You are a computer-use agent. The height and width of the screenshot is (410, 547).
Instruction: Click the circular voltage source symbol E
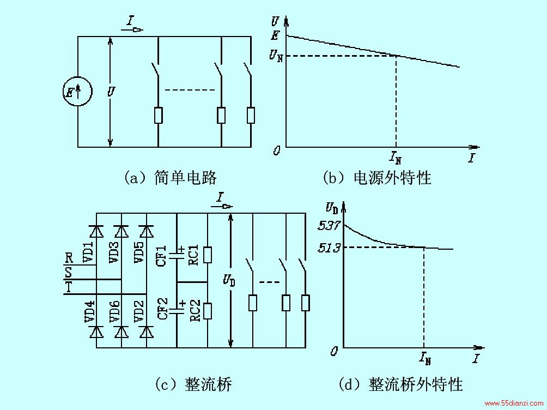coord(77,92)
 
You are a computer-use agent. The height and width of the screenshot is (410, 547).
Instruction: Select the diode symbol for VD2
coord(147,331)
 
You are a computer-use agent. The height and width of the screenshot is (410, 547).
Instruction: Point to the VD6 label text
coord(114,311)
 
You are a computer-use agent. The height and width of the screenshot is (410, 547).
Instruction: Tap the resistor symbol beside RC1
coord(208,255)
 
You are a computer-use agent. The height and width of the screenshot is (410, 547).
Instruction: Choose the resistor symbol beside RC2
coord(208,311)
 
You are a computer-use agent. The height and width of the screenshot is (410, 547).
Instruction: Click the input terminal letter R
coord(69,258)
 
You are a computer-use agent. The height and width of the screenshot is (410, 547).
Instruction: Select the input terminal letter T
coord(69,287)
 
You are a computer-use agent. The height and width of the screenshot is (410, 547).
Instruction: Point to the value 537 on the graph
coord(329,225)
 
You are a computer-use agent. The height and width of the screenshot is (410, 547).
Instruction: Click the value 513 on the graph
coord(329,248)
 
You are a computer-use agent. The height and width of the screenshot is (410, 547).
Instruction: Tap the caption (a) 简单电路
coord(171,177)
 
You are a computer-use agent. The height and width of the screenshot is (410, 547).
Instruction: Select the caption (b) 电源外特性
coord(377,177)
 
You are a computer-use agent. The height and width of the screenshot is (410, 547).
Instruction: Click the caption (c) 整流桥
coord(193,384)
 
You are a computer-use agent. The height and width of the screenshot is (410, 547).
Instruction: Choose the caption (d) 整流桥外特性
coord(400,384)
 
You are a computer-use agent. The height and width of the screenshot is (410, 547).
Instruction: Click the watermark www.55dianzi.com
coord(514,403)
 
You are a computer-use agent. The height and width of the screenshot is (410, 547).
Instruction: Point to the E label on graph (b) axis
coord(275,35)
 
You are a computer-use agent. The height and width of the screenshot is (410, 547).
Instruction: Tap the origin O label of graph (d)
coord(334,351)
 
